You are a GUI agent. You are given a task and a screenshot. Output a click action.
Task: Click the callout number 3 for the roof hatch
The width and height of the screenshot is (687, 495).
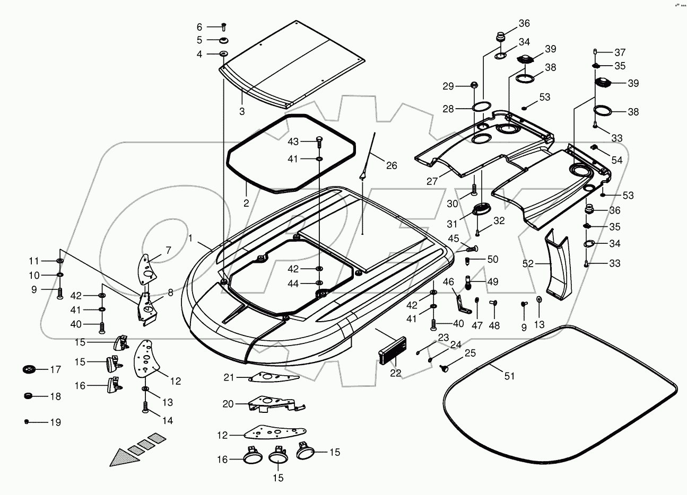click(x=241, y=111)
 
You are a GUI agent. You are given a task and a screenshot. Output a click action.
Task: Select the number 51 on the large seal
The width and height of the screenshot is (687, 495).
click(x=509, y=376)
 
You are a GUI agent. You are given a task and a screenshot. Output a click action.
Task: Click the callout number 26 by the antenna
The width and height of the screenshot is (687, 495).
click(x=391, y=165)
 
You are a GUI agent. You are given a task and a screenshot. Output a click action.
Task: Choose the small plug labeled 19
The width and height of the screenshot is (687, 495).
click(x=26, y=422)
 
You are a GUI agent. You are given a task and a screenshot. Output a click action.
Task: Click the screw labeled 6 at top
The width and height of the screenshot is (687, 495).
click(x=223, y=26)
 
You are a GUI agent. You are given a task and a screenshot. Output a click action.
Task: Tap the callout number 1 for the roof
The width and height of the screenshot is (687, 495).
click(x=190, y=238)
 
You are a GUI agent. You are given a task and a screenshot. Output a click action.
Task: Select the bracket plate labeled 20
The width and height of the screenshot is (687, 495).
click(x=271, y=403)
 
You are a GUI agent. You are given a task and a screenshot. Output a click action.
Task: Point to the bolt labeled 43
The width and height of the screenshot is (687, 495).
click(x=319, y=142)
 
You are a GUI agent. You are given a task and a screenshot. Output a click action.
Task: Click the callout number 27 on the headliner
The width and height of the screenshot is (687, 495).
click(x=432, y=181)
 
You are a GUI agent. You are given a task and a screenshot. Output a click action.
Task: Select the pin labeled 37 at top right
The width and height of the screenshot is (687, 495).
click(x=596, y=52)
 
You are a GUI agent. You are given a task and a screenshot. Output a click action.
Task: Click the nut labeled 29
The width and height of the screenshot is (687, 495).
click(x=475, y=85)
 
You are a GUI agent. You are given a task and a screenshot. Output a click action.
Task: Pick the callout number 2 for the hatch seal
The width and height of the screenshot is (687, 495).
click(x=246, y=203)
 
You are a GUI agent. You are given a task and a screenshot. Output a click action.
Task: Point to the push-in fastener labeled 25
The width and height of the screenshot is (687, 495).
click(x=445, y=367)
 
